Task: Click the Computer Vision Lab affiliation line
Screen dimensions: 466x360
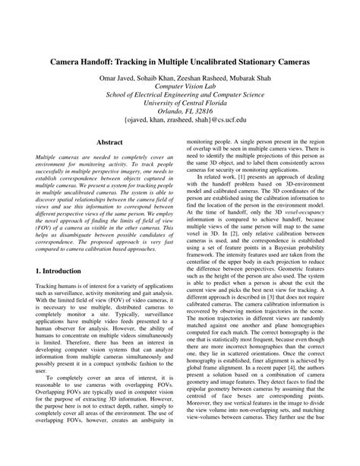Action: pos(180,87)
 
